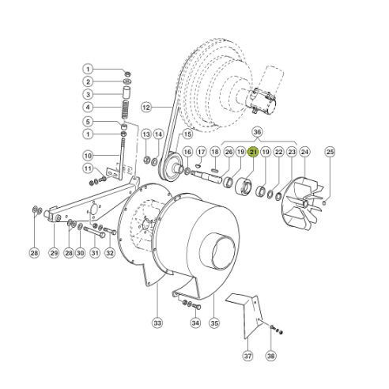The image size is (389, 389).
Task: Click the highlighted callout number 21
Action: click(253, 151)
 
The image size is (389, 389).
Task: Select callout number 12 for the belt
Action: click(145, 106)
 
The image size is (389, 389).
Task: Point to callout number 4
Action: click(89, 107)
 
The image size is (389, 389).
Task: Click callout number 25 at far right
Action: click(330, 151)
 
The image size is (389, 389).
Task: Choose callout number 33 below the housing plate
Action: click(157, 323)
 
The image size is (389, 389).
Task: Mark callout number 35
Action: click(213, 323)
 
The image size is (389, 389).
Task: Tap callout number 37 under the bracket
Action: click(247, 357)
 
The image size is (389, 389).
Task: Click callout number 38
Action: click(270, 357)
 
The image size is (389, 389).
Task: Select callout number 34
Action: click(89, 155)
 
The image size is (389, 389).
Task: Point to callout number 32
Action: click(110, 253)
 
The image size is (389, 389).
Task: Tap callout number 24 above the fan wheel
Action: click(305, 151)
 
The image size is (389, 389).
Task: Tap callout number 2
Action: click(89, 81)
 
